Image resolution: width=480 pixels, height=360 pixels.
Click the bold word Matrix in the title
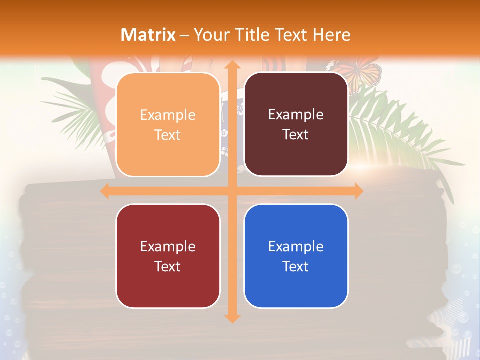(x=148, y=35)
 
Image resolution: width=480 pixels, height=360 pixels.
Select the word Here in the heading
(x=332, y=35)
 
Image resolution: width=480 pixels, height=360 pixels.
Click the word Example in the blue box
(x=296, y=246)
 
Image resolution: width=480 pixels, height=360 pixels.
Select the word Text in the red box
(x=168, y=266)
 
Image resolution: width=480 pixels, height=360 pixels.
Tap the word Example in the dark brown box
(x=296, y=115)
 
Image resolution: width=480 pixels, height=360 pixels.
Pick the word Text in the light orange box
(x=168, y=135)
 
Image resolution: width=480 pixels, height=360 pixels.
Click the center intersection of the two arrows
(x=232, y=191)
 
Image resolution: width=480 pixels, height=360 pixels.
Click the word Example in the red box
(x=168, y=246)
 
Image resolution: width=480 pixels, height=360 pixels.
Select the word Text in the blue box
(x=296, y=266)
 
